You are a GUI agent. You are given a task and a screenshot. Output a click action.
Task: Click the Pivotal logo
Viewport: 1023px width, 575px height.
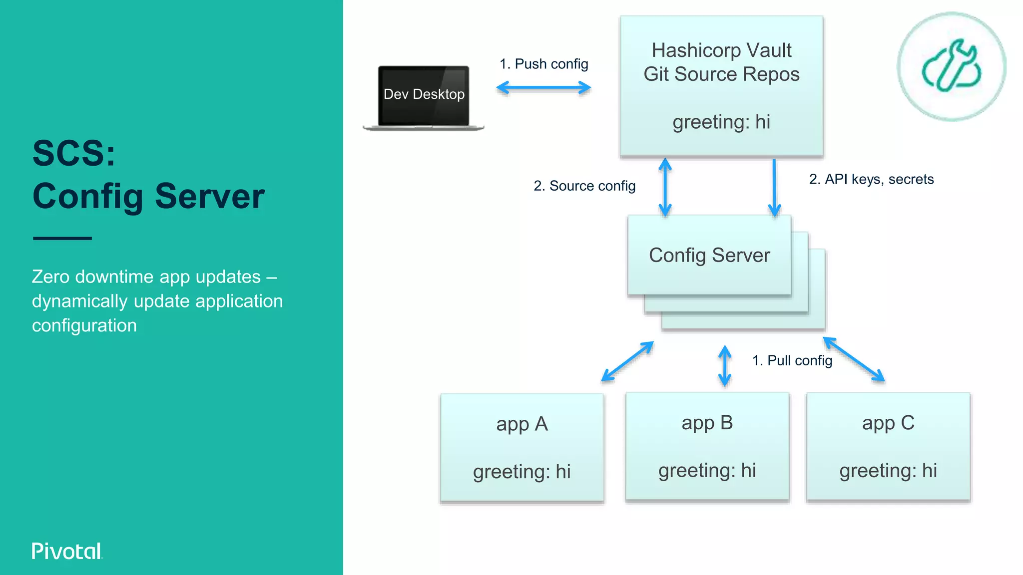coord(67,551)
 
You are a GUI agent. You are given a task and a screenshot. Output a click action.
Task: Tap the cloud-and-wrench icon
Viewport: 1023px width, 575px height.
coord(952,66)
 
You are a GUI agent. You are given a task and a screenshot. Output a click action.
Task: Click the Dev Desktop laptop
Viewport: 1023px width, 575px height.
coord(424,97)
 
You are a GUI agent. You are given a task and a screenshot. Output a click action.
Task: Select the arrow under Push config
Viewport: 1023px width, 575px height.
coord(543,88)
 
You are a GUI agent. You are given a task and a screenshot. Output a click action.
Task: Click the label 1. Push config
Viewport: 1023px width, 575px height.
coord(543,64)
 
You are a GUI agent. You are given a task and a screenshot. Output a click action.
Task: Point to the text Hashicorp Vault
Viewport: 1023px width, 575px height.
coord(721,50)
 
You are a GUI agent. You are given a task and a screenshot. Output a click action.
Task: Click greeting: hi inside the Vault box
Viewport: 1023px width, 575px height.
coord(721,122)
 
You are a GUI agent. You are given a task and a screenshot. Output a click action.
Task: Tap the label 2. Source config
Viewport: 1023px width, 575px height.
coord(584,186)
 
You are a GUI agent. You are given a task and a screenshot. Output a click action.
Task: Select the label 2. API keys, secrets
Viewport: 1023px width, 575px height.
coord(871,179)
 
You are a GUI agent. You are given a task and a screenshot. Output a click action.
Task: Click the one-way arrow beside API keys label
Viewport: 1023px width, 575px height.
coord(774,187)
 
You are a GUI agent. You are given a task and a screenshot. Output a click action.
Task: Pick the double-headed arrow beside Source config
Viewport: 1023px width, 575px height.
coord(665,187)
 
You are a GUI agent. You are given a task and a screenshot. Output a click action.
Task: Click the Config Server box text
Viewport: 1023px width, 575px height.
coord(709,255)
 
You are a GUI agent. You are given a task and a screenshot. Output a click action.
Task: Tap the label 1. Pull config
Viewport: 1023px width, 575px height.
coord(792,360)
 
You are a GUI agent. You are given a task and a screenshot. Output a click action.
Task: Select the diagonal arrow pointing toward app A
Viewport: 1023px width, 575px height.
coord(627,362)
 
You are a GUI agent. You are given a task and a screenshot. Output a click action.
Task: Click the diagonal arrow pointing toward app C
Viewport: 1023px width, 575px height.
coord(854,359)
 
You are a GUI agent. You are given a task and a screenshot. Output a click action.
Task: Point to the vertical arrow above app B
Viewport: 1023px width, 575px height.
coord(725,366)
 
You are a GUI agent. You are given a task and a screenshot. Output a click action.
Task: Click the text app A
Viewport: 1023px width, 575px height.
coord(522,424)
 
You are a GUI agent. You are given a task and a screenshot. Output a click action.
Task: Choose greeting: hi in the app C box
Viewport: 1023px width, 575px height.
coord(888,471)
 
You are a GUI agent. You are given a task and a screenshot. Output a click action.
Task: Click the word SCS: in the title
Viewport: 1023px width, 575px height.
coord(74,153)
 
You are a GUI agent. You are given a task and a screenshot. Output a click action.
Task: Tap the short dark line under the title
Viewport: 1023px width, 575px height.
coord(62,238)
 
